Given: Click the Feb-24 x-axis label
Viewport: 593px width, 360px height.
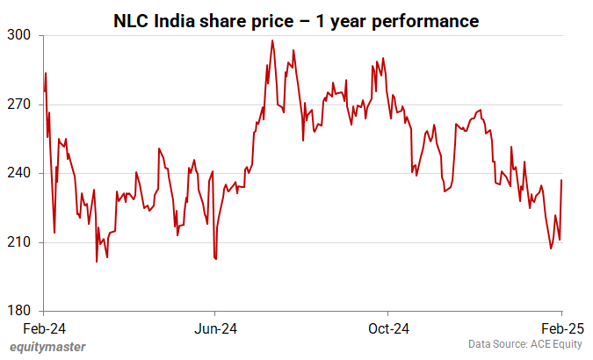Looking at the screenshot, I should click(44, 328).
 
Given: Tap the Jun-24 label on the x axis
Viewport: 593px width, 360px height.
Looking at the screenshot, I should click(215, 328).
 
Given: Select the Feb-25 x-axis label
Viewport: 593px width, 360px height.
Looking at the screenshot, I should click(562, 328).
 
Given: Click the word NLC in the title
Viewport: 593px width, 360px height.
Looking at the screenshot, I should click(132, 20).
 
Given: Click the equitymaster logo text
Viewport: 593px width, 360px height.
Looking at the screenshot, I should click(47, 347).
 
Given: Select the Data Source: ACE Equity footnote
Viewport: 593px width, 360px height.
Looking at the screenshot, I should click(525, 344).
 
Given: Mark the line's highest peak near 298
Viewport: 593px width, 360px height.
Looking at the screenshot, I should click(272, 40).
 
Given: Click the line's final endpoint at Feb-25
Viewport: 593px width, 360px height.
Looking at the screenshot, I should click(562, 180).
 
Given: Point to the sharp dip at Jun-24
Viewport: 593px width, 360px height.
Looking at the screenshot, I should click(216, 259).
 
